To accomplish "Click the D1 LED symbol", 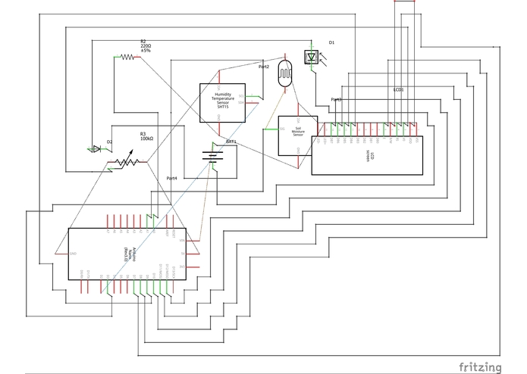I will point(312,57).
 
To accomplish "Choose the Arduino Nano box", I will point(127,253).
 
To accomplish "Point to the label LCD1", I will point(398,89).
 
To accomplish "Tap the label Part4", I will point(172,178).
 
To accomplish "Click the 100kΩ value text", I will point(147,139).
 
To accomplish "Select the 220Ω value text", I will point(146,46).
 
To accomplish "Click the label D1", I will point(331,42).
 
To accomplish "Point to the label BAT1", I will point(232,142).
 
